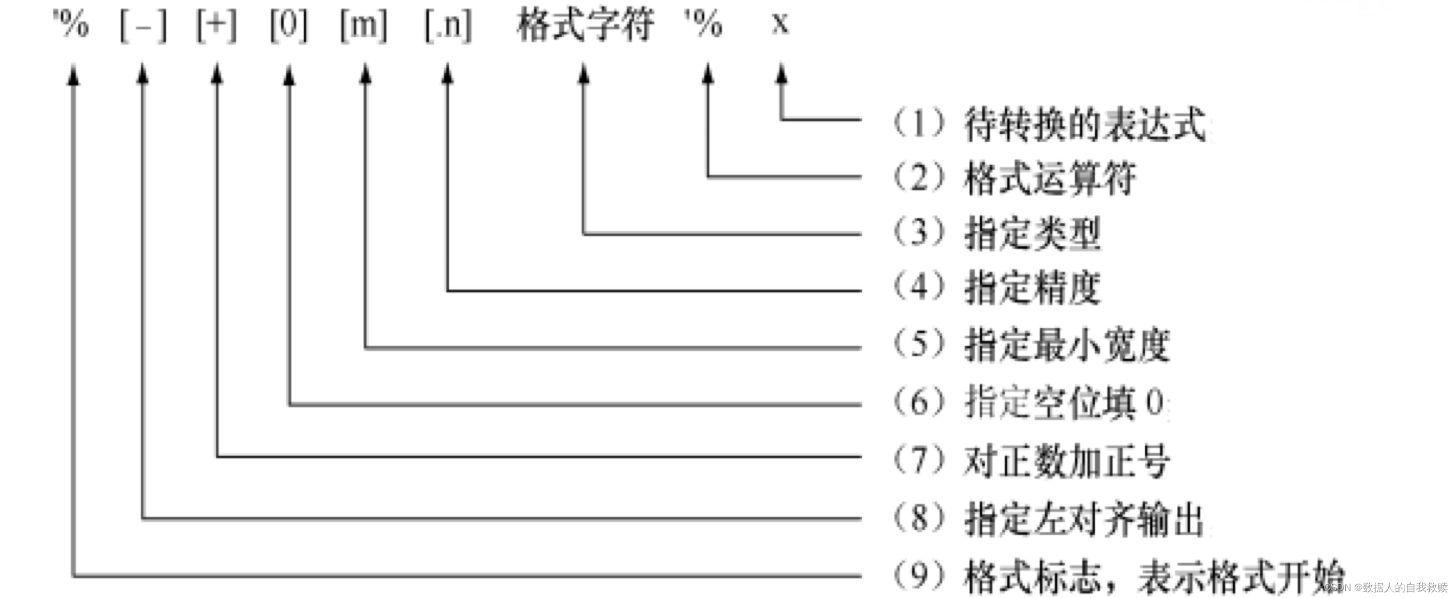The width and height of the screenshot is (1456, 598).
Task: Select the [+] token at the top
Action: point(216,26)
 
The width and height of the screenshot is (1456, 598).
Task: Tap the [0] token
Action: point(289,26)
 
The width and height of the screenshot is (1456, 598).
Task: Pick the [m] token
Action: point(364,26)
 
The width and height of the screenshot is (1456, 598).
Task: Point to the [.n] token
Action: point(448,26)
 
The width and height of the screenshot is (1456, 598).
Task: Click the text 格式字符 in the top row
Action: point(585,26)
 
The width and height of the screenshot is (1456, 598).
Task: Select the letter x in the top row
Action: point(780,24)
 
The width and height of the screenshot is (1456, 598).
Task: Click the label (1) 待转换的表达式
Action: point(1048,124)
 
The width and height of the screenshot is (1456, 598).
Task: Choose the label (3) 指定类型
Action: point(997,233)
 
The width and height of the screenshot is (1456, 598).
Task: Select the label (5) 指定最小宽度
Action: point(1030,344)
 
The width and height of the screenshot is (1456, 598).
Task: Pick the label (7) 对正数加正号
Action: point(1030,460)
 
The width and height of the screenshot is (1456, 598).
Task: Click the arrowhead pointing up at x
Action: point(781,75)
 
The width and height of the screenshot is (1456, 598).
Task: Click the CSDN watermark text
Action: point(1385,588)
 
